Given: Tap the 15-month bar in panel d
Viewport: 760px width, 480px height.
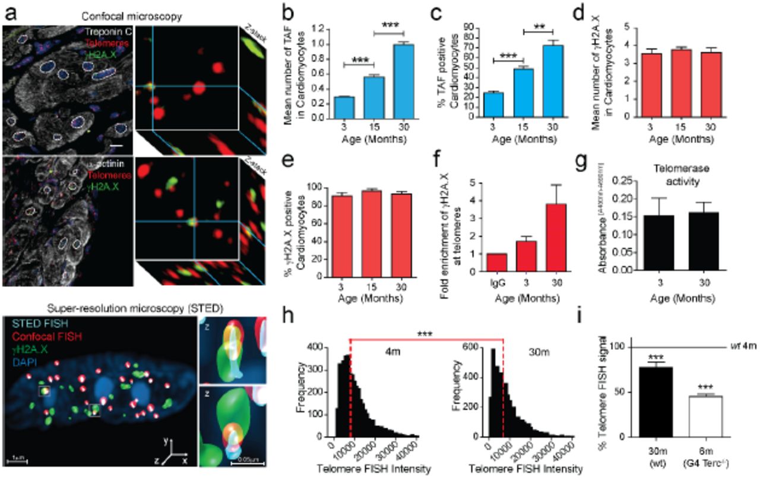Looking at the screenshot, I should pos(700,83).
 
